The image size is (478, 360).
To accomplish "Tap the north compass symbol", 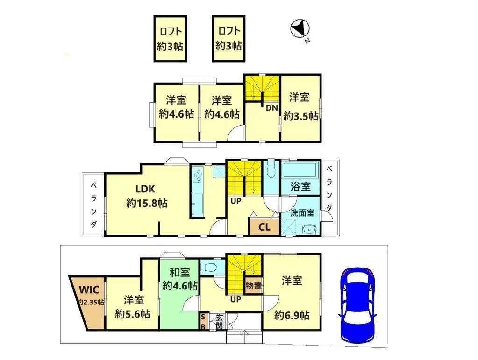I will [x=299, y=29].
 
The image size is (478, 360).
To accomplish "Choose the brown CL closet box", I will [x=264, y=227].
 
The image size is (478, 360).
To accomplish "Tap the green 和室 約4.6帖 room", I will [x=179, y=279].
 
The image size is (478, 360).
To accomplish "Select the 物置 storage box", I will [x=253, y=285].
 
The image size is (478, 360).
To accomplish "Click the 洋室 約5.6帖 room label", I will [x=133, y=306].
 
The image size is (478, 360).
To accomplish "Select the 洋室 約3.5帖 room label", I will [x=300, y=106].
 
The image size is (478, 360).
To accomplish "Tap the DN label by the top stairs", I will [x=272, y=108].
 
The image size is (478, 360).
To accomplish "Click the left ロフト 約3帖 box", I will [x=170, y=39].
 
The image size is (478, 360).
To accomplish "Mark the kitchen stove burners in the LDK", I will [x=196, y=176].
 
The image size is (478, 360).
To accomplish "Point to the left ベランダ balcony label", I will [x=94, y=205].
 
